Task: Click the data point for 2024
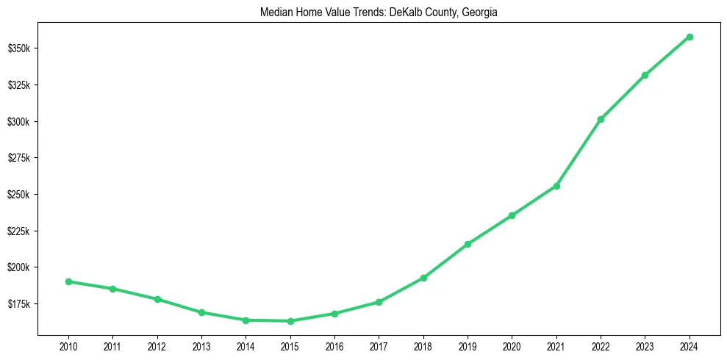[x=690, y=37]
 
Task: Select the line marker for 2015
[x=290, y=321]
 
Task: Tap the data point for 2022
[x=601, y=119]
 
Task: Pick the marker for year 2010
[x=68, y=281]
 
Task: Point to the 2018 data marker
[x=423, y=278]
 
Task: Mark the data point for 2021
[x=556, y=186]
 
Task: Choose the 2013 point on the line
[x=201, y=312]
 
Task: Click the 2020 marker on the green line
[x=512, y=215]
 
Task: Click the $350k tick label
[x=18, y=48]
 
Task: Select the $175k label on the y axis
[x=18, y=304]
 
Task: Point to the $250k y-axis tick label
[x=18, y=195]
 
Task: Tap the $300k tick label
[x=18, y=121]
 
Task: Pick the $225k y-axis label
[x=18, y=231]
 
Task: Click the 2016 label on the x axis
[x=334, y=345]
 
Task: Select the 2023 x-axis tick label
[x=645, y=345]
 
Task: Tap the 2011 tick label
[x=112, y=345]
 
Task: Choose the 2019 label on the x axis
[x=468, y=345]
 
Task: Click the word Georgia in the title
[x=480, y=12]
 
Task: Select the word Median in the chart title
[x=275, y=12]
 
